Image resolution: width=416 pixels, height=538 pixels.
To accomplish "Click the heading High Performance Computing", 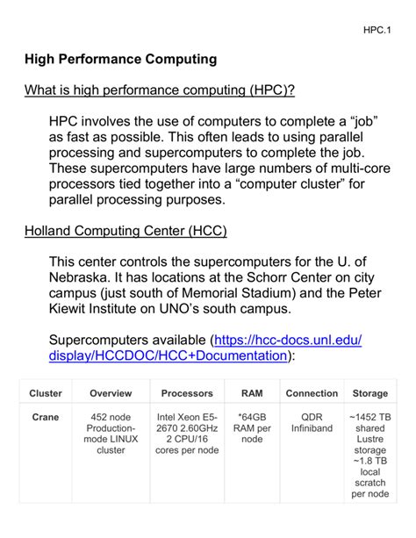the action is tap(119, 60).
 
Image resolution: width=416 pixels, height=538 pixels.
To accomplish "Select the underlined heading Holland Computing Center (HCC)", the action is tap(125, 231).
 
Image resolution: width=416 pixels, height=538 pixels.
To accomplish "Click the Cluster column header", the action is tap(46, 393).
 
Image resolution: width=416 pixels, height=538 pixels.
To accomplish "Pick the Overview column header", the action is tap(111, 393).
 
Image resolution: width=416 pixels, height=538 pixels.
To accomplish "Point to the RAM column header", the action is tap(251, 393).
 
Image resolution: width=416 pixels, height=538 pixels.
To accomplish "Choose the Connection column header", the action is tap(312, 393).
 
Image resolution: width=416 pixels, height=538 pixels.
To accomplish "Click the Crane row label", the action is tap(46, 417).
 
